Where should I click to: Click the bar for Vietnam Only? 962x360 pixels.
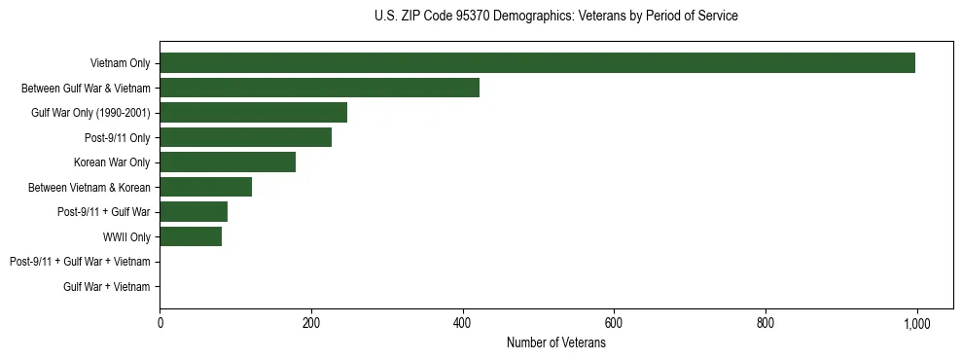(537, 63)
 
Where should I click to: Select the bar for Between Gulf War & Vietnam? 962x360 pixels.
(319, 88)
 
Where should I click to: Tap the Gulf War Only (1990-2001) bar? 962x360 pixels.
(253, 113)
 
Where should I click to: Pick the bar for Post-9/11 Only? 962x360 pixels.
(245, 137)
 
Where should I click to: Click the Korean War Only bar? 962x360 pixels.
(228, 162)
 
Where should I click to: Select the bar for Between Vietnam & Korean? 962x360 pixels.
(205, 187)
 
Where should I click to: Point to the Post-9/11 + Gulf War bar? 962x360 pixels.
(194, 212)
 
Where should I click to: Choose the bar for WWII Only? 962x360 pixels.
(191, 236)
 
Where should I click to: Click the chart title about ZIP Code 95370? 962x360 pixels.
(555, 17)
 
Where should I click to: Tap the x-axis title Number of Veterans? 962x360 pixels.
(555, 343)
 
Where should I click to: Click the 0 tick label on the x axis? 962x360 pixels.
(160, 324)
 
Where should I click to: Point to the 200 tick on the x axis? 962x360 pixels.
(311, 324)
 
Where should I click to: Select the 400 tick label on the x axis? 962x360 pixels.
(463, 324)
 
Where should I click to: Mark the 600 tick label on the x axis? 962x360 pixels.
(614, 324)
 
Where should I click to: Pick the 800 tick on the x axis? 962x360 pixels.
(766, 324)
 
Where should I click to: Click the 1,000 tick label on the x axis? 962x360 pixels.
(916, 324)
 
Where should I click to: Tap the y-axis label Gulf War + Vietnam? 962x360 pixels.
(107, 287)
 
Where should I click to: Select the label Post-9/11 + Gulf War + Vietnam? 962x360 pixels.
(80, 262)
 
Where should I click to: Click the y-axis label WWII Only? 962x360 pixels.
(126, 237)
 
